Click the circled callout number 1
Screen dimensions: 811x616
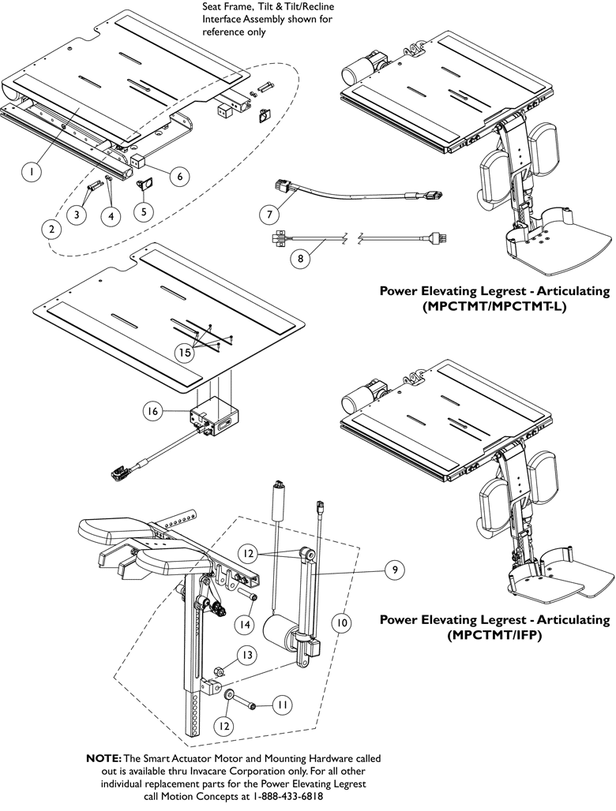(31, 170)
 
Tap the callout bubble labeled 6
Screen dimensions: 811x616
(178, 177)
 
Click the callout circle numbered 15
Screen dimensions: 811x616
(185, 353)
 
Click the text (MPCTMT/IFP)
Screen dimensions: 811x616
(494, 633)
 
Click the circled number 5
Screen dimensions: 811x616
(145, 211)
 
